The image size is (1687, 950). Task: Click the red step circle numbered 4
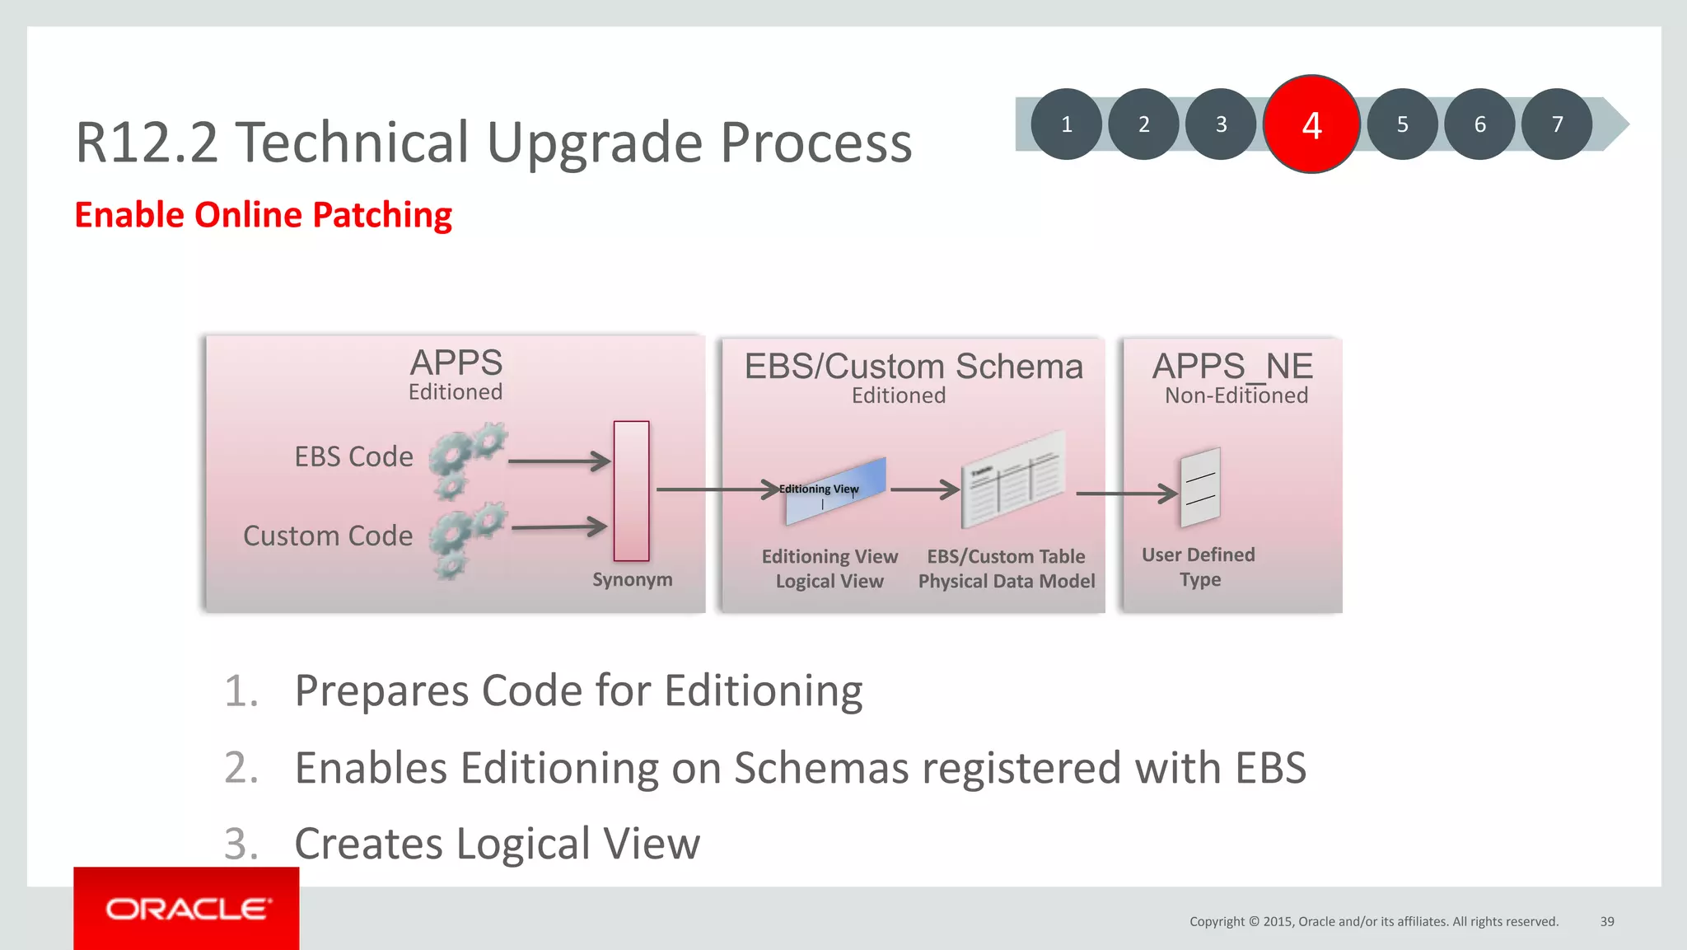1311,124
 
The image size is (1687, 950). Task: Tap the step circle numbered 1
1066,124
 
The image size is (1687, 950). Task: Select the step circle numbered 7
1556,124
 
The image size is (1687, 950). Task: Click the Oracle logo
187,909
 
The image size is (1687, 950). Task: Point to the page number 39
1606,921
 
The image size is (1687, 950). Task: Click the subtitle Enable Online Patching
263,215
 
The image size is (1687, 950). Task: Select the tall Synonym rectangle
631,491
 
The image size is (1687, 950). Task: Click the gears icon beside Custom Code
466,539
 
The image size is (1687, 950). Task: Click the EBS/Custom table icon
1013,480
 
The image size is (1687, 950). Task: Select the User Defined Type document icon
1199,488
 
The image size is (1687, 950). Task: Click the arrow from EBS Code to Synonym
558,461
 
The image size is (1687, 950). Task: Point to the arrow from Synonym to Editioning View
717,489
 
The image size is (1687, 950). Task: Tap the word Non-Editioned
1236,396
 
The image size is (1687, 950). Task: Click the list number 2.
241,768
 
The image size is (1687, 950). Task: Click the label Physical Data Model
1006,582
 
